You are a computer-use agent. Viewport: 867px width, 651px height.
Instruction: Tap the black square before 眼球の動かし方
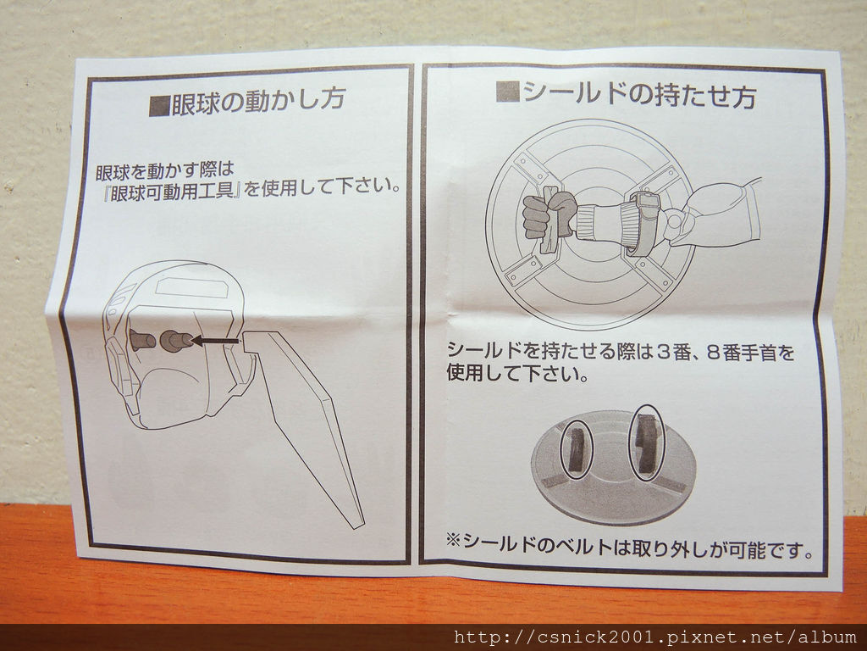(159, 105)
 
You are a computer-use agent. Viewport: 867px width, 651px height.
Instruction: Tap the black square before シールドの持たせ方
(508, 92)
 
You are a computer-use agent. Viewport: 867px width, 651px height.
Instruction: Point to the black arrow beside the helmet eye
(215, 340)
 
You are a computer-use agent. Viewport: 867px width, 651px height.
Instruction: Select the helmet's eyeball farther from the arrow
(141, 339)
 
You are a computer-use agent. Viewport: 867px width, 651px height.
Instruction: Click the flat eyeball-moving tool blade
(305, 426)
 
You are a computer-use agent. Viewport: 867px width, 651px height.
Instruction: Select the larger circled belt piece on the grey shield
(646, 442)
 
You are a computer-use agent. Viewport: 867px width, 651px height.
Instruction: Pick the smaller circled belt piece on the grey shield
(576, 449)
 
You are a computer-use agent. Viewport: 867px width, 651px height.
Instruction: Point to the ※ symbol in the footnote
(453, 538)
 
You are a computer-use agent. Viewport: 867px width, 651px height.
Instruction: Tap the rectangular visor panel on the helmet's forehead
(190, 287)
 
